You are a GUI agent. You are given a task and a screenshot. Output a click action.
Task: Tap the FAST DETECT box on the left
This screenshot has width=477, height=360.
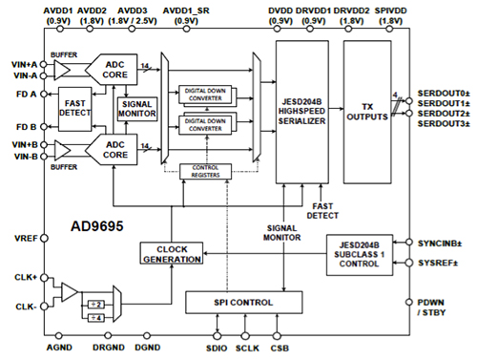click(x=74, y=111)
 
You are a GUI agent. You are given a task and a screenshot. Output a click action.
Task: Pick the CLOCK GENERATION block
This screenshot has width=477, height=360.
click(x=172, y=253)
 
